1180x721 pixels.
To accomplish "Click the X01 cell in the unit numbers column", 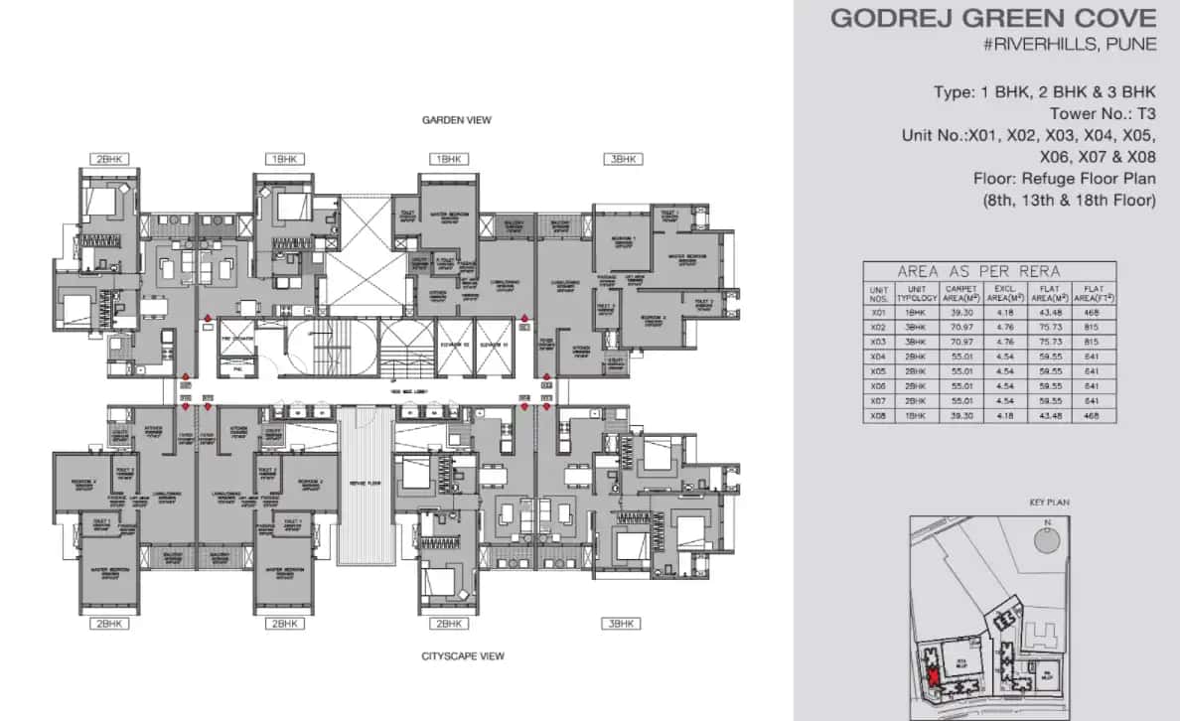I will tap(877, 311).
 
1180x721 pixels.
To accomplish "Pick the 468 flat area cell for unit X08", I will tap(1094, 416).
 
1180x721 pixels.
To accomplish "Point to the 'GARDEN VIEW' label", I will tap(456, 120).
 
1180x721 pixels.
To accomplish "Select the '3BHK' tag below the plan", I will tap(622, 624).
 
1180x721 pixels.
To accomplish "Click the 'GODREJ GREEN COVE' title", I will tap(993, 18).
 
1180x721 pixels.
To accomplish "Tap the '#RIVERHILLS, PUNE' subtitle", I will tap(1071, 46).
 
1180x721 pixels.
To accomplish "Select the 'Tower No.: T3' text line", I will tap(1103, 113).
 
